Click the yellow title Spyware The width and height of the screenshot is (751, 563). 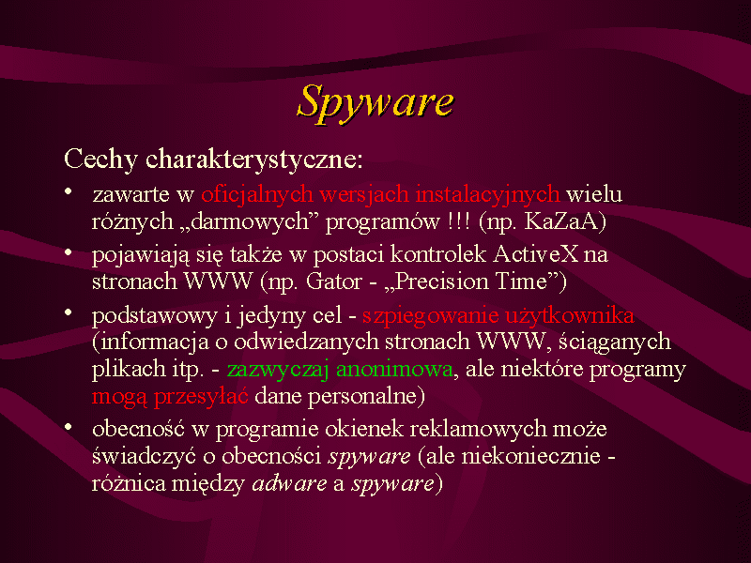[375, 103]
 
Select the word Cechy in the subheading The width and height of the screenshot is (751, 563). [101, 160]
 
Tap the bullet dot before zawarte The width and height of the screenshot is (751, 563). [69, 191]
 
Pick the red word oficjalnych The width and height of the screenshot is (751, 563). [257, 195]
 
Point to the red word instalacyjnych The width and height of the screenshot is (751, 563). [487, 195]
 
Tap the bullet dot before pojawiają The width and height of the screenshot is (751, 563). [69, 251]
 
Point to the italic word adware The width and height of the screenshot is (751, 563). [289, 483]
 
